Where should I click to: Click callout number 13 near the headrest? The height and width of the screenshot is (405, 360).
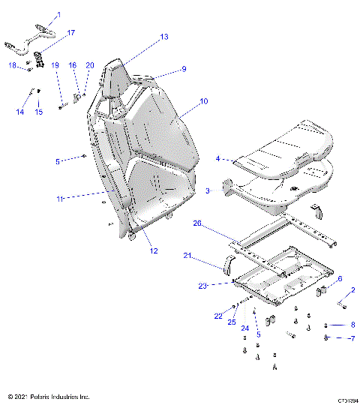164,37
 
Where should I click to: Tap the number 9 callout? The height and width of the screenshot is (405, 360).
183,70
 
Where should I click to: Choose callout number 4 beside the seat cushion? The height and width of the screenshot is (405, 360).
218,159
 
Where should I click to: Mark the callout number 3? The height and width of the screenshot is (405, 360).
208,192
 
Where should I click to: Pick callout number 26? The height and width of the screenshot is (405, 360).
198,223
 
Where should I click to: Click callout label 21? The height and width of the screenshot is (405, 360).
188,256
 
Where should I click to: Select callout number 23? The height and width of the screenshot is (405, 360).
202,285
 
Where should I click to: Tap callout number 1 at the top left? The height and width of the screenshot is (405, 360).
59,15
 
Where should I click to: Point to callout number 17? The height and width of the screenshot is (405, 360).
71,33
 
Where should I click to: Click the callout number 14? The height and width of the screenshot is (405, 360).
20,112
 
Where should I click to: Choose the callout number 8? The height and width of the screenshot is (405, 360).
352,325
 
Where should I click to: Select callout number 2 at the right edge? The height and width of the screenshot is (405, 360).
352,289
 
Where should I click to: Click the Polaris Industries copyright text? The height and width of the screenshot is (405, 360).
48,396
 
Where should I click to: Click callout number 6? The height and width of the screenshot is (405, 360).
339,278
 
